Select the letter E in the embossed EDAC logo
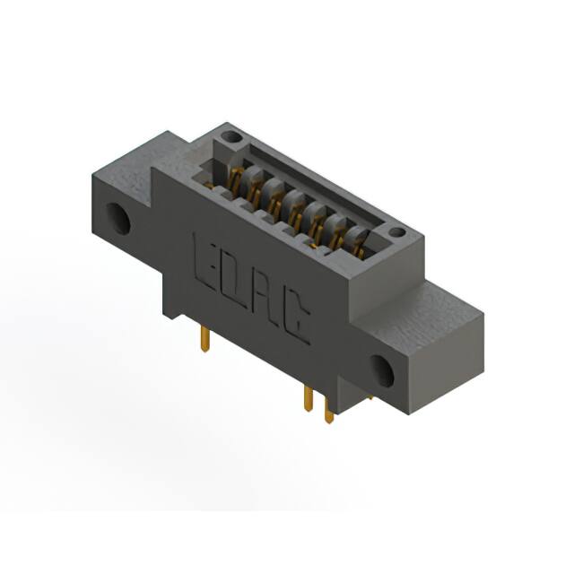coord(204,256)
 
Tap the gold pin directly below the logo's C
coord(309,399)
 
